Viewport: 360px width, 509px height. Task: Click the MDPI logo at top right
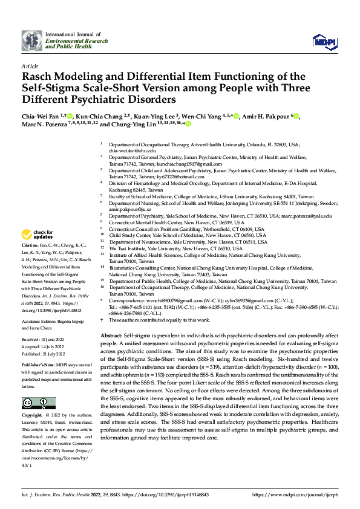(323, 41)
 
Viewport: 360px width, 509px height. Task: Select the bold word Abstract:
(112, 334)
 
